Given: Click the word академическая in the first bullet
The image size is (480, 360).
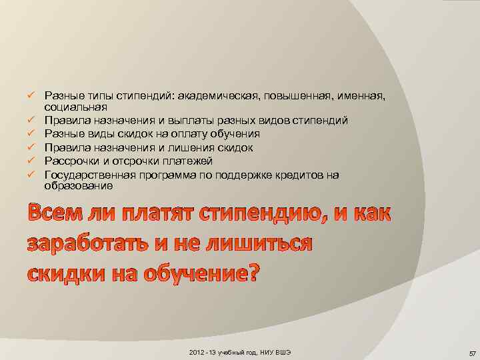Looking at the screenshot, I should pos(219,97).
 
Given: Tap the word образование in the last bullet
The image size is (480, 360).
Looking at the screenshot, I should pos(78,187).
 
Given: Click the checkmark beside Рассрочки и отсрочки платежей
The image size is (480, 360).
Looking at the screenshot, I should pos(31,161).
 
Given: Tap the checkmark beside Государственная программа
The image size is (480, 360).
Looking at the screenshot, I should pos(31,175).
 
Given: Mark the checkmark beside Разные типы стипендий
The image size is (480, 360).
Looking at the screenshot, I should pos(31,97).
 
